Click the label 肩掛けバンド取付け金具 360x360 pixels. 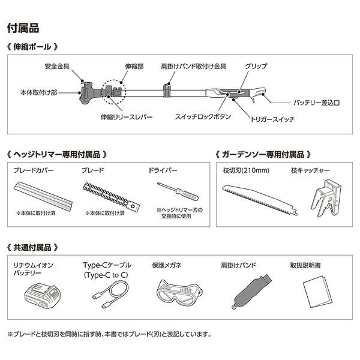pos(188,66)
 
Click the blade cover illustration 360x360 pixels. pos(43,193)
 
